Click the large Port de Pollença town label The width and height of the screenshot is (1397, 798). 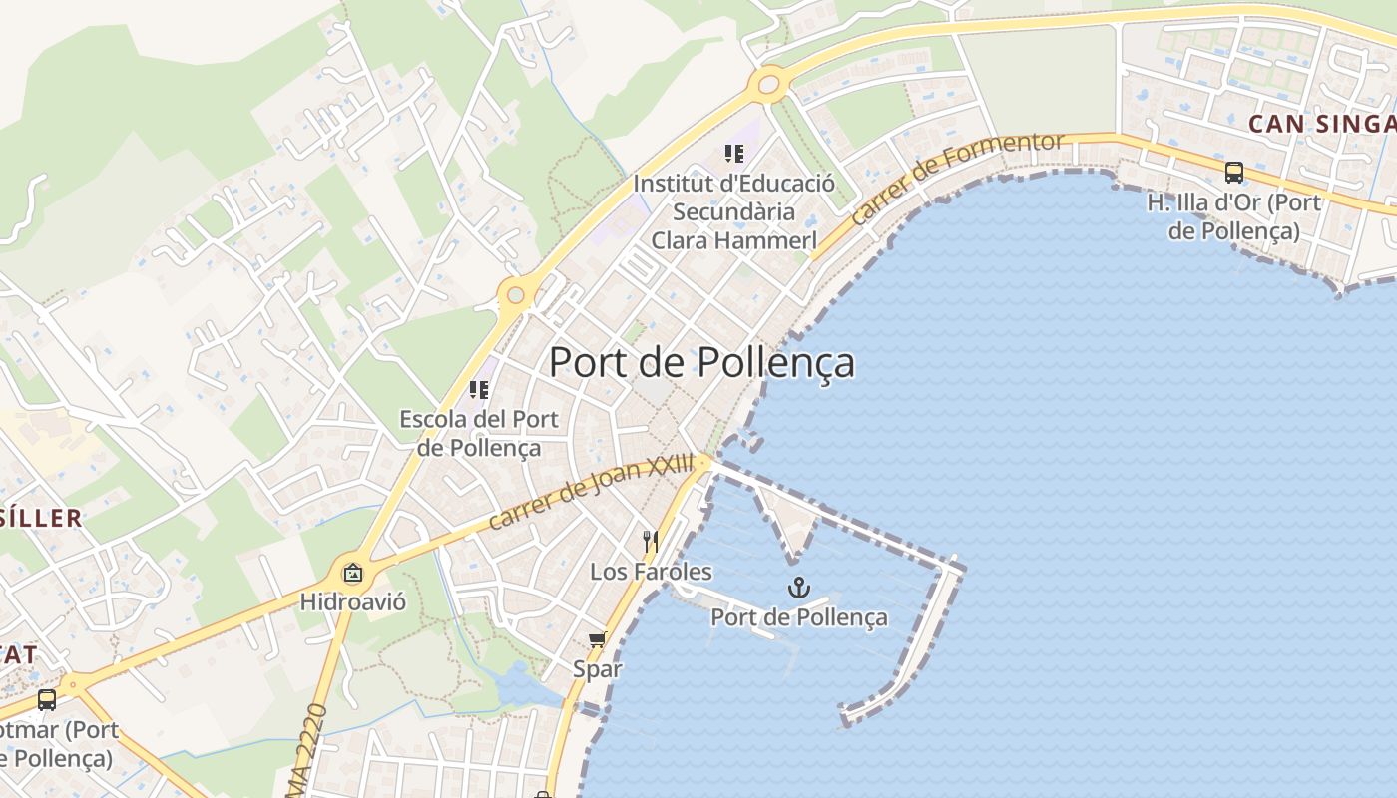tap(701, 362)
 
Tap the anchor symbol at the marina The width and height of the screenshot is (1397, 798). tap(798, 588)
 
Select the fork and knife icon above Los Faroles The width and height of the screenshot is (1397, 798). tap(651, 542)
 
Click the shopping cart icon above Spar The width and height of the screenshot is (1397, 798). tap(597, 639)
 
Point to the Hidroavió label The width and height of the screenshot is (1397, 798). tap(352, 602)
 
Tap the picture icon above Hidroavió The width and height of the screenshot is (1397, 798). tap(352, 573)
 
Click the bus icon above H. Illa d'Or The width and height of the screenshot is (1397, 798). tap(1234, 173)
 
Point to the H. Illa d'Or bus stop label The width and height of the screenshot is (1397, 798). tap(1234, 216)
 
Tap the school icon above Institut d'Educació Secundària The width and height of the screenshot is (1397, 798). tap(734, 154)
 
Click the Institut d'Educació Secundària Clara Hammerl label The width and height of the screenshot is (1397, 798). tap(734, 211)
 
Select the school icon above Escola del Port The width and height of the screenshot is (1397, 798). tap(479, 389)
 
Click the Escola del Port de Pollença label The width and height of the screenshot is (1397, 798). tap(479, 433)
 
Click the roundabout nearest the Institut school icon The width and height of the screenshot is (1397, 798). tap(768, 84)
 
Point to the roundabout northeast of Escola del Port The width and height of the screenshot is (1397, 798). tap(515, 295)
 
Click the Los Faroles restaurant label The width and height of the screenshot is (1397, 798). tap(651, 572)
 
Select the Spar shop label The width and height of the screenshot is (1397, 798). tap(597, 669)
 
